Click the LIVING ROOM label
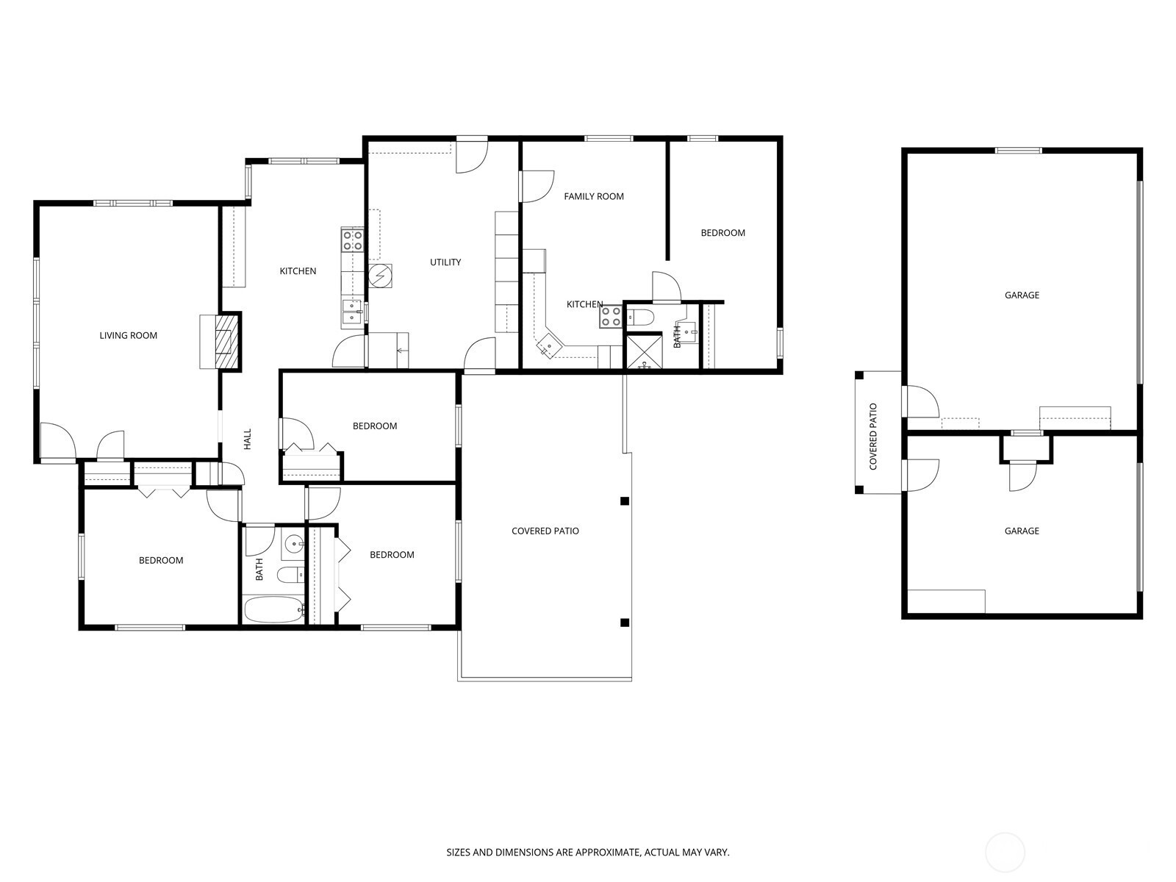[x=129, y=336]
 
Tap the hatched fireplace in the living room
[x=227, y=342]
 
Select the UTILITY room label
[x=445, y=262]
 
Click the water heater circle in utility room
[x=381, y=276]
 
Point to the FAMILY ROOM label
[x=594, y=196]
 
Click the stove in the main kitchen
[x=353, y=240]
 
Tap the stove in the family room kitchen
[x=612, y=317]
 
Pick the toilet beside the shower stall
[x=641, y=318]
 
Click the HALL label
[x=248, y=440]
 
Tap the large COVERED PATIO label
[x=545, y=531]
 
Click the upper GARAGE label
[x=1022, y=295]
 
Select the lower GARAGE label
[x=1022, y=531]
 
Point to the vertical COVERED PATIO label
[x=873, y=437]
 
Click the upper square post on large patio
[x=625, y=501]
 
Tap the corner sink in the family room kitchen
[x=548, y=344]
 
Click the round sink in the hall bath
[x=295, y=545]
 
